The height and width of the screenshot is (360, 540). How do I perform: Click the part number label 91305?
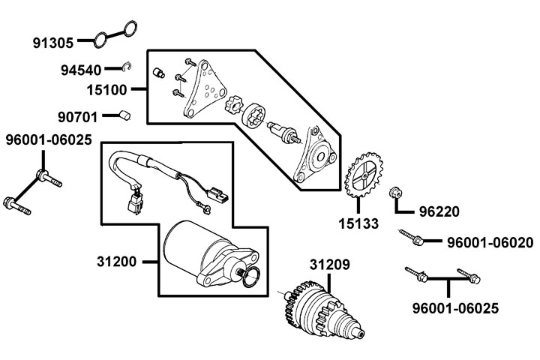[x=53, y=43]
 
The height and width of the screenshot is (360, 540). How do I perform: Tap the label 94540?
[x=81, y=70]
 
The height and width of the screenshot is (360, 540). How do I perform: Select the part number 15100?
[x=106, y=90]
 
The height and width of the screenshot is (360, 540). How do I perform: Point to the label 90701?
[x=78, y=117]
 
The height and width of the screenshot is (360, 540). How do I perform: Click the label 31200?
[x=117, y=262]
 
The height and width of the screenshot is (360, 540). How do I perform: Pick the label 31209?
[x=329, y=265]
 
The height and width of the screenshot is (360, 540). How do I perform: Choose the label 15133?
[x=358, y=223]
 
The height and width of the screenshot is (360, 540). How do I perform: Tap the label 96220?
[x=439, y=211]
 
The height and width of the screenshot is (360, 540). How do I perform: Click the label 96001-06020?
[x=490, y=242]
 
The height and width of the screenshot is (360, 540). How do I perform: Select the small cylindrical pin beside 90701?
[x=125, y=115]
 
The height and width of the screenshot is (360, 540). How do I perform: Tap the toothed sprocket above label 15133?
[x=364, y=175]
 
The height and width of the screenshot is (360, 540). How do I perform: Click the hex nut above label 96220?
[x=396, y=193]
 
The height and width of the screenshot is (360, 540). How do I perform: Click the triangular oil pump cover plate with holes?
[x=205, y=89]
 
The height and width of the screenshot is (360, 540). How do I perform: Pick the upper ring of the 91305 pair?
[x=130, y=28]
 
